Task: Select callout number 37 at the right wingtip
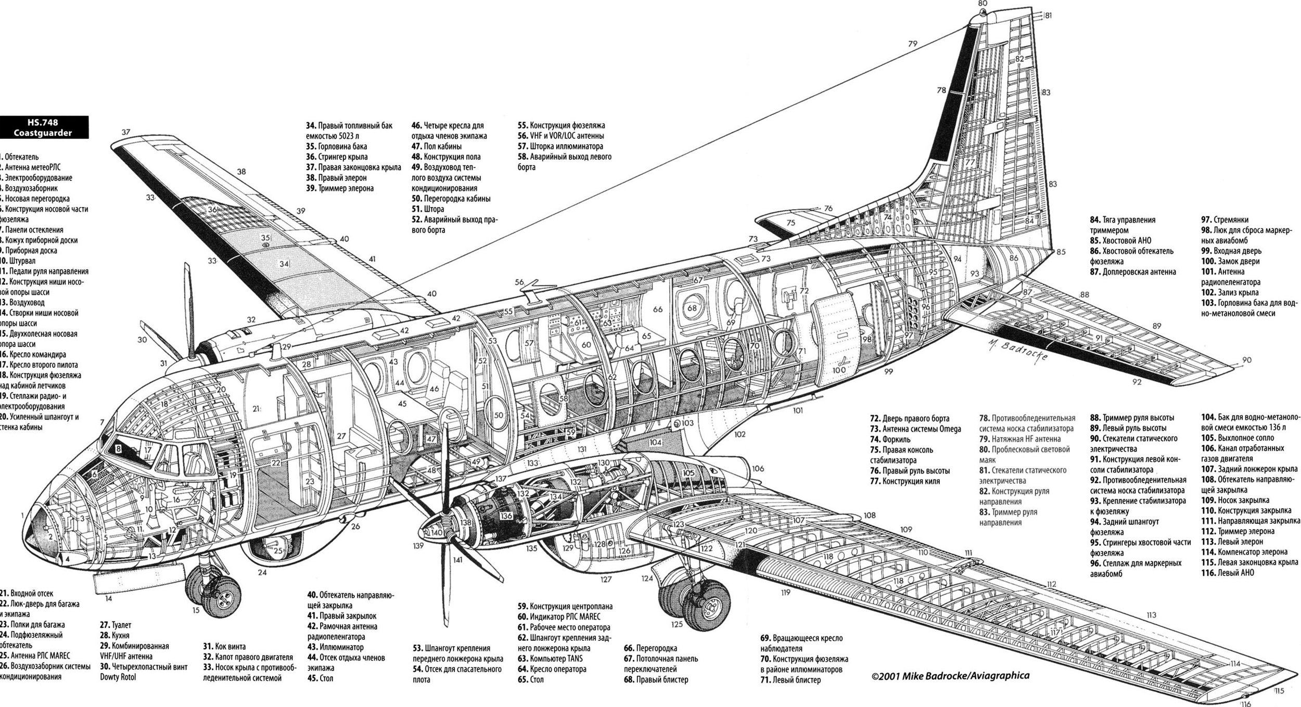point(126,132)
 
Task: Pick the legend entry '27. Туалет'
point(116,625)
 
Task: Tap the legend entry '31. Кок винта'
point(224,647)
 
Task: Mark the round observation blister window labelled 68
point(692,308)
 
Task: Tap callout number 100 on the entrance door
point(838,370)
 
